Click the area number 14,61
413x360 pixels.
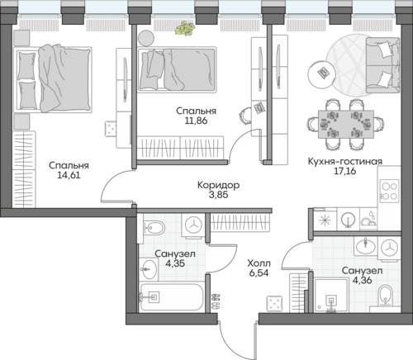click(69, 175)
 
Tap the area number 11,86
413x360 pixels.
click(196, 121)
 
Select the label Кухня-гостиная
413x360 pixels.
click(345, 161)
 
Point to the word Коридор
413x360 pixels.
click(218, 185)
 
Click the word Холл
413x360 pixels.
click(259, 263)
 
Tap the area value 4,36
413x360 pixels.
click(362, 280)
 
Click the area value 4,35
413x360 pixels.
click(175, 263)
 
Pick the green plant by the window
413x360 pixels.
click(185, 28)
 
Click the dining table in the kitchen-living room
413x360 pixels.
click(346, 124)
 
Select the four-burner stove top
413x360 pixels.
click(389, 191)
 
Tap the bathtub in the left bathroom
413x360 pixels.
click(171, 297)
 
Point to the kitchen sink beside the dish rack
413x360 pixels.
click(348, 220)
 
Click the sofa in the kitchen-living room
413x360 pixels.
click(382, 65)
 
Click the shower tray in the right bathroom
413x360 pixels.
click(331, 296)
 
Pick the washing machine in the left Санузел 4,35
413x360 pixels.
click(193, 225)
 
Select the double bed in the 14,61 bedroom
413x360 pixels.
click(53, 79)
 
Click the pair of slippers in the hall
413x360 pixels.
click(216, 301)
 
